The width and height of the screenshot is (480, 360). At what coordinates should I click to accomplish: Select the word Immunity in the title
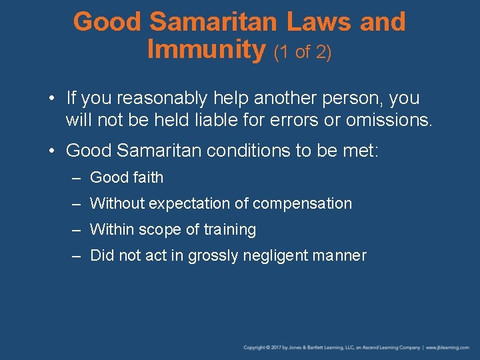click(x=205, y=49)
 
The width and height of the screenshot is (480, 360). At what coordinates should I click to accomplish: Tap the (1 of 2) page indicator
click(x=303, y=52)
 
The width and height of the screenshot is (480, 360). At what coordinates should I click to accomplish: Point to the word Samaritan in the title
click(x=213, y=22)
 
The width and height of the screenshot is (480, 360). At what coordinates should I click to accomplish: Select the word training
click(x=230, y=230)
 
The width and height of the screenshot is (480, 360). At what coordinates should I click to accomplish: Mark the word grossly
click(x=211, y=256)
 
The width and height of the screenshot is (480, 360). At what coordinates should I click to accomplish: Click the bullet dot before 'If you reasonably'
click(x=52, y=99)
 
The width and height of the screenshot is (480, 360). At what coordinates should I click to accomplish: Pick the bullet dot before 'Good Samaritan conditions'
click(x=52, y=151)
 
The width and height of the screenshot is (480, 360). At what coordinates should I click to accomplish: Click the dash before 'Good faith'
click(x=77, y=177)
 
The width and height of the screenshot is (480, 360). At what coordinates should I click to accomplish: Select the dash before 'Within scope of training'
click(x=77, y=230)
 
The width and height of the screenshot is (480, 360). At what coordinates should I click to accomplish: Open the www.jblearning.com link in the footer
click(x=449, y=347)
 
